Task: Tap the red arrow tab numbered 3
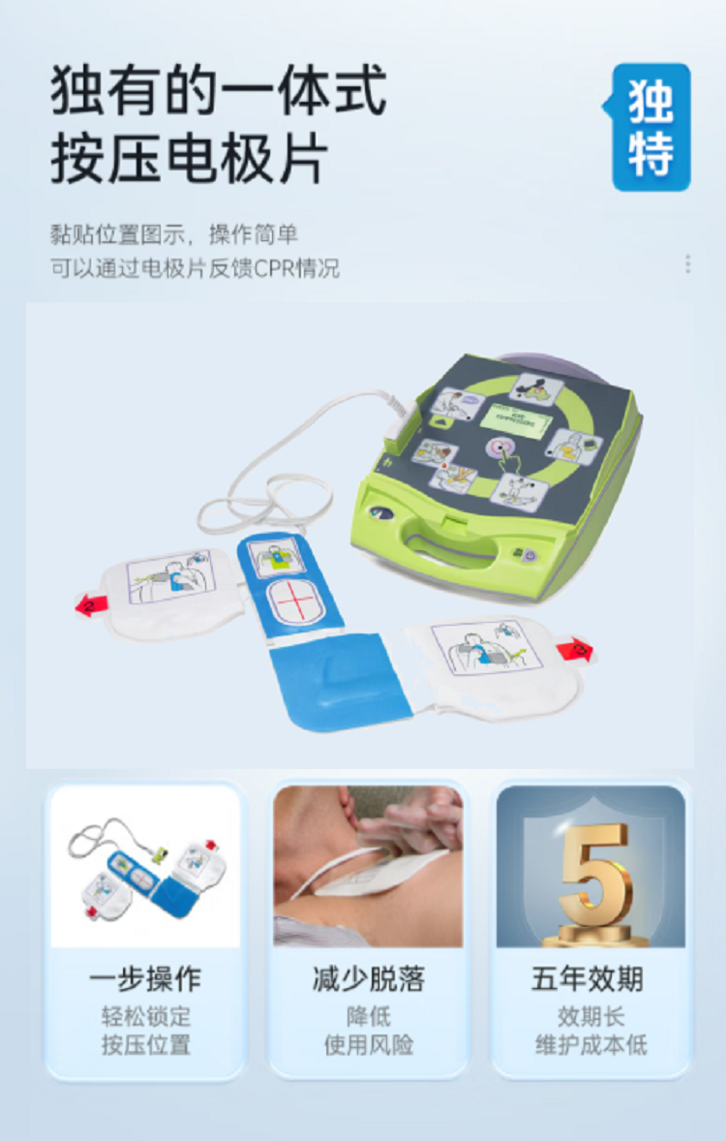pyautogui.click(x=575, y=648)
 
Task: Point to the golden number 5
pyautogui.click(x=593, y=875)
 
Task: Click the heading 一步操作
pyautogui.click(x=145, y=979)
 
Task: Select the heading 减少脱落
pyautogui.click(x=368, y=979)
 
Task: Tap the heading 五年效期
pyautogui.click(x=588, y=979)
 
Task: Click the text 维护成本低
pyautogui.click(x=590, y=1045)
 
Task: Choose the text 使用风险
pyautogui.click(x=368, y=1045)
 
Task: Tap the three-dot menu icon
pyautogui.click(x=687, y=264)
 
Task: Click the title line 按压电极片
pyautogui.click(x=190, y=160)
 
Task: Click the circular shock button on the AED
pyautogui.click(x=501, y=447)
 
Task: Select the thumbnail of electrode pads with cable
pyautogui.click(x=145, y=866)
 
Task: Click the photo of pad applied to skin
pyautogui.click(x=368, y=866)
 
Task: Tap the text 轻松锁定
pyautogui.click(x=145, y=1017)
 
